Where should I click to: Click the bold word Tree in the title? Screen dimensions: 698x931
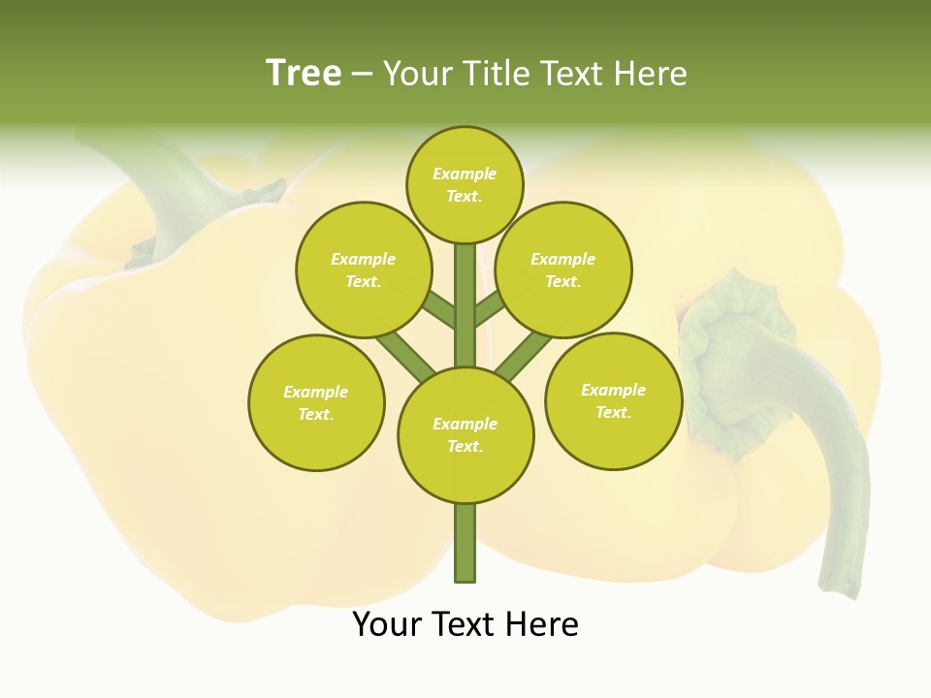[x=304, y=73]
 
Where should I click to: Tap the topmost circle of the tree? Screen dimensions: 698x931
[x=465, y=184]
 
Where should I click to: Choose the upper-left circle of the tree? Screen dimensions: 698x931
[x=364, y=270]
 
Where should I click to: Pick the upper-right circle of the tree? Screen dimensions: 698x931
[x=563, y=270]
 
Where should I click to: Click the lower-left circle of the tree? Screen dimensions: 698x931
[x=316, y=402]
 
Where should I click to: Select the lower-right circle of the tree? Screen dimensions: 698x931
[x=613, y=400]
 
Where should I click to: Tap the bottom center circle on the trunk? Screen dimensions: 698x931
[x=465, y=435]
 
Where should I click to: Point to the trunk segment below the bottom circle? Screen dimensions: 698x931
[x=465, y=543]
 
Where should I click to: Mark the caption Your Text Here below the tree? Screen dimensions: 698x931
[x=465, y=624]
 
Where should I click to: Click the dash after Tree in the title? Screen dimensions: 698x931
[x=362, y=74]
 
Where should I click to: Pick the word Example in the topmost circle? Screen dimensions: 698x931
[x=465, y=174]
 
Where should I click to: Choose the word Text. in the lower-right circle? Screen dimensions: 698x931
[x=613, y=412]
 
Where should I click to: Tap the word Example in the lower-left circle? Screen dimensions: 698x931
[x=316, y=392]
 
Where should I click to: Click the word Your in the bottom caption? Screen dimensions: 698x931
[x=387, y=624]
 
